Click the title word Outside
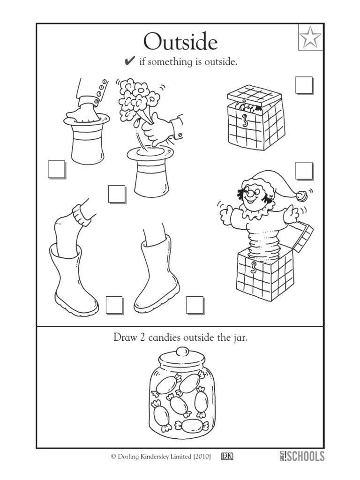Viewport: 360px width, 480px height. coord(180,42)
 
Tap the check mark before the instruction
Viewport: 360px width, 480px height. coord(130,61)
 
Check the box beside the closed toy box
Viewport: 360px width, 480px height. coord(304,86)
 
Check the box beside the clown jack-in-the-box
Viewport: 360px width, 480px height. coord(304,171)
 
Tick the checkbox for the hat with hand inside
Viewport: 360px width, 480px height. coord(56,169)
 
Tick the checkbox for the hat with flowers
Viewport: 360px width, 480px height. coord(116,194)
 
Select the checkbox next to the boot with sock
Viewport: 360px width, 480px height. coord(114,305)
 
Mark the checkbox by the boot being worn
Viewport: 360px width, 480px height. coord(195,305)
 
